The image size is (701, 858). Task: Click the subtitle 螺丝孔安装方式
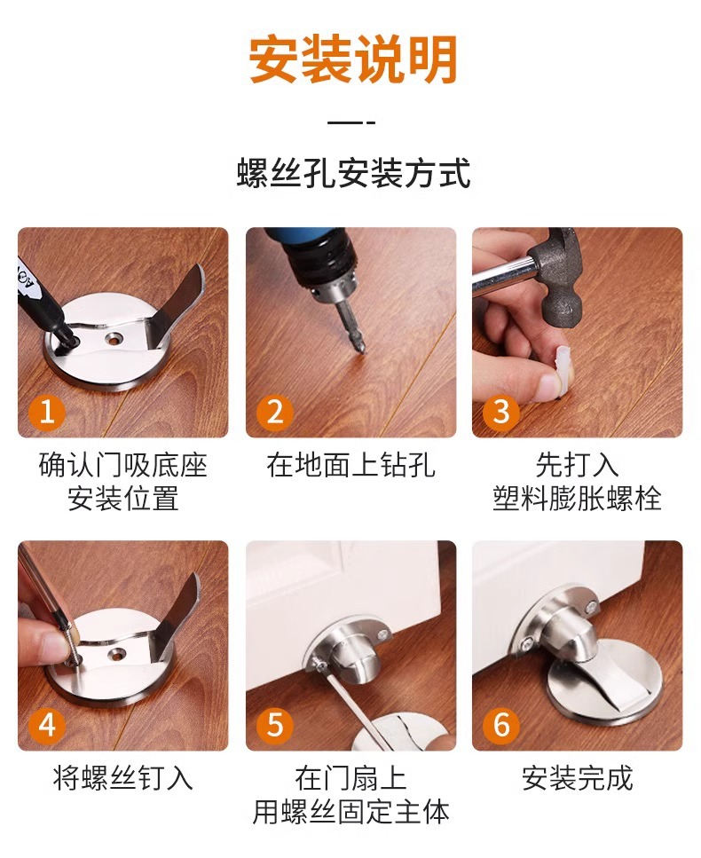[352, 173]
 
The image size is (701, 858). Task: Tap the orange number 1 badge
[47, 413]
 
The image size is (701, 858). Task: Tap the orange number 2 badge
[275, 413]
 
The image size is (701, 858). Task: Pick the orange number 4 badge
[47, 725]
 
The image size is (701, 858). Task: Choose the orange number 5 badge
[275, 725]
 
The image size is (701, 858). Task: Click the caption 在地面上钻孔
[351, 466]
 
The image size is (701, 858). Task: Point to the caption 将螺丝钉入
[122, 778]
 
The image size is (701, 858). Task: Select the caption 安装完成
[577, 778]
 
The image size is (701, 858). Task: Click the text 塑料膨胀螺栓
[577, 498]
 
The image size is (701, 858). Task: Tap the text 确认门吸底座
[122, 466]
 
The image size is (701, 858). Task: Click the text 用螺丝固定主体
[351, 810]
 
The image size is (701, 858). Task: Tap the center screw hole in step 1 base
[114, 338]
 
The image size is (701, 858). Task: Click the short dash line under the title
[352, 122]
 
